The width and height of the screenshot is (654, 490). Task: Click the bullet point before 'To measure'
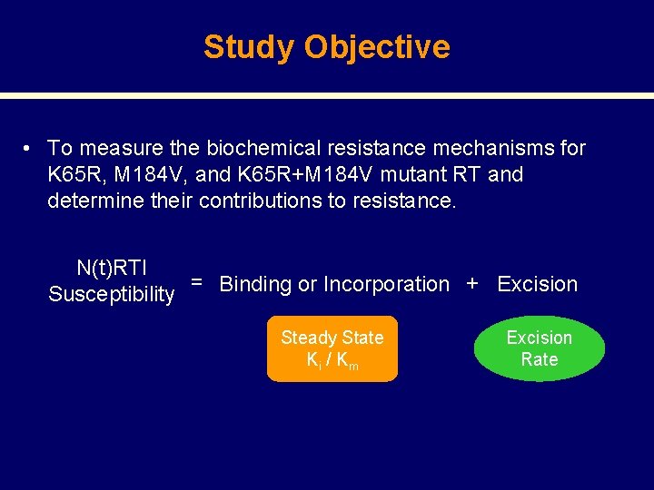coord(30,148)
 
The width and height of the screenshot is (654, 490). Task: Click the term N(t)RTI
coord(112,268)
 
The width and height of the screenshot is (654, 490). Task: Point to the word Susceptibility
coord(111,294)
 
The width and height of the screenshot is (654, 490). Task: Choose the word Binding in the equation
coord(255,284)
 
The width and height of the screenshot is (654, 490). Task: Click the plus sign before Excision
coord(471,283)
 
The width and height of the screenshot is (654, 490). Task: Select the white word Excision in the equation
coord(537,284)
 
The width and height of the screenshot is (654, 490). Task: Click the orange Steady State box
coord(332,348)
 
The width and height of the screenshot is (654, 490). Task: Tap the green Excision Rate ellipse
coord(539,348)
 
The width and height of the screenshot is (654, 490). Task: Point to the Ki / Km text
coord(332,360)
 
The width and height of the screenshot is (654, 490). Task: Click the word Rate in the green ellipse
coord(539,359)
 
